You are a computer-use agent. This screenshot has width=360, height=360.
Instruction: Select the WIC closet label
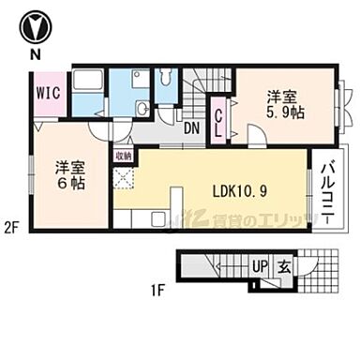[x=50, y=92]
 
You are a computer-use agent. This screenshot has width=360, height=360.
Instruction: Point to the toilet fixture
[x=166, y=88]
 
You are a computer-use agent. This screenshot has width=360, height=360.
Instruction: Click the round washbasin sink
[x=142, y=109]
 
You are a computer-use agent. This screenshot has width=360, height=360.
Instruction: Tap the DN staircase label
[x=191, y=129]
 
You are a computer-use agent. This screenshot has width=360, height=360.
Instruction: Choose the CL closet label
[x=218, y=124]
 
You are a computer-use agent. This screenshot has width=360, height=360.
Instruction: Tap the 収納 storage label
[x=123, y=156]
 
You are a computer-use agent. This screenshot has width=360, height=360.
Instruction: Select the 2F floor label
[x=12, y=226]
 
